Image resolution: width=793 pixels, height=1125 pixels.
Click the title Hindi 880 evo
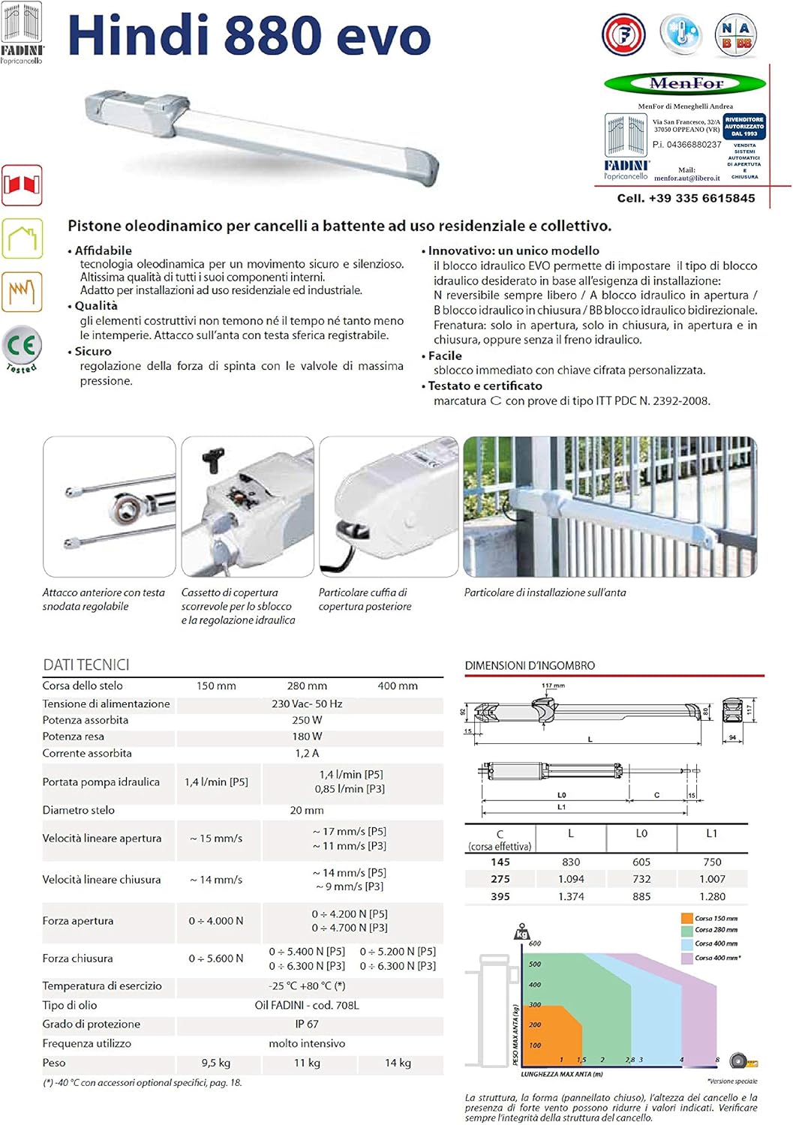(x=249, y=35)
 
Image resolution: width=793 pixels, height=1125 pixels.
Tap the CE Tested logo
(x=22, y=348)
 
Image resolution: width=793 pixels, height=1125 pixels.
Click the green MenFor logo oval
(x=685, y=83)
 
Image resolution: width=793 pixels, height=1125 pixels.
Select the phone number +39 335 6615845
(x=686, y=198)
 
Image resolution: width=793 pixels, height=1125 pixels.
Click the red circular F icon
(x=623, y=34)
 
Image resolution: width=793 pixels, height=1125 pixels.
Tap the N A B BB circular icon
(x=735, y=34)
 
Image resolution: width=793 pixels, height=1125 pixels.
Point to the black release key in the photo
(x=214, y=459)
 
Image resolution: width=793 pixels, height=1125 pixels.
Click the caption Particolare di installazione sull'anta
(x=545, y=592)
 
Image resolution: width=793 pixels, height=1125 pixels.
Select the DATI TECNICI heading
(x=86, y=664)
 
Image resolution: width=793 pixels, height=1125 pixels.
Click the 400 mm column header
(x=398, y=685)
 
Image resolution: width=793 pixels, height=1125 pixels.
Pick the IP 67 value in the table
(x=307, y=1024)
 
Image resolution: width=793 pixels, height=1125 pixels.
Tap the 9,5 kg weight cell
(x=216, y=1063)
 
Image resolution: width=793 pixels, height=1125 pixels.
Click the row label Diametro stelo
(x=79, y=810)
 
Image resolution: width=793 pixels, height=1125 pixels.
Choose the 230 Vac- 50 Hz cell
(x=307, y=703)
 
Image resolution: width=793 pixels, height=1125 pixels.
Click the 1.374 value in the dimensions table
(x=571, y=896)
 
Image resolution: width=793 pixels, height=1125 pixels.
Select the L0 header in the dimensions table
(x=641, y=833)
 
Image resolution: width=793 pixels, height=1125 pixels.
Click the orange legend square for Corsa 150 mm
(x=686, y=918)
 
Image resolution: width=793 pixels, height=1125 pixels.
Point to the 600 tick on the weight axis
(x=535, y=943)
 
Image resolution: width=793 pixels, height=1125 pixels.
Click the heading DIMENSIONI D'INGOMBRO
(x=530, y=665)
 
